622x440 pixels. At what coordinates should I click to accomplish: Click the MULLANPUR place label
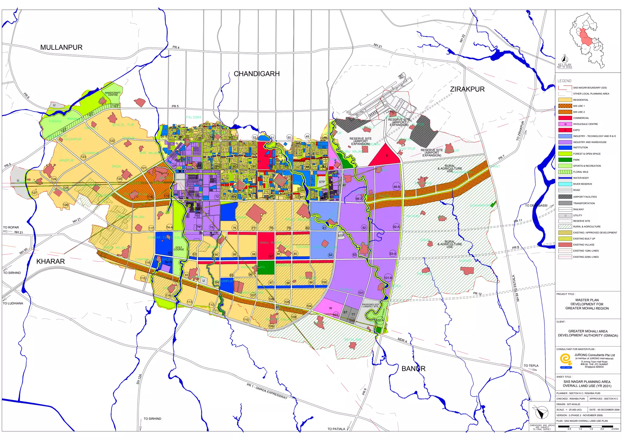(x=61, y=47)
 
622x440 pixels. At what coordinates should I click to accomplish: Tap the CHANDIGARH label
(x=257, y=74)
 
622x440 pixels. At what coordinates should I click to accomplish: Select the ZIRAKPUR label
(x=467, y=89)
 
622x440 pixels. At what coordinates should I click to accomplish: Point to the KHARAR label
(x=50, y=261)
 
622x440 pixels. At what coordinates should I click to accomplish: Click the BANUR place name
(x=413, y=369)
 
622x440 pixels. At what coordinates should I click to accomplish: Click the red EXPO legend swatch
(x=565, y=130)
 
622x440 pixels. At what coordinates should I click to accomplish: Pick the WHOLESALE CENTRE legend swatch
(x=565, y=124)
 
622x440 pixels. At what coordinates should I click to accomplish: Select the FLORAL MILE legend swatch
(x=565, y=172)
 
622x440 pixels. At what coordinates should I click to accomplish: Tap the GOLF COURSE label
(x=179, y=248)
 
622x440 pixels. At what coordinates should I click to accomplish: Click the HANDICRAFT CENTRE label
(x=113, y=94)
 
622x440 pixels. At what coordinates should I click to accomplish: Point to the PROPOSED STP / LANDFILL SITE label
(x=371, y=305)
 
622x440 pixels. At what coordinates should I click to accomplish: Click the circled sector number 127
(x=34, y=193)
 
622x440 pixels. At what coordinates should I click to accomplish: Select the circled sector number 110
(x=246, y=319)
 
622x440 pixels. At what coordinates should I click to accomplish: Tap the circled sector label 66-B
(x=397, y=187)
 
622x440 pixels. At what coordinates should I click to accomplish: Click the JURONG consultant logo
(x=566, y=360)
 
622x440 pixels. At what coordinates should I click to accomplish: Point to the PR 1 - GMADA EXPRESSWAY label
(x=267, y=391)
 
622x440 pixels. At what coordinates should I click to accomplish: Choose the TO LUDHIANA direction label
(x=13, y=303)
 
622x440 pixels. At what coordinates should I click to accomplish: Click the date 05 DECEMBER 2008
(x=604, y=410)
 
